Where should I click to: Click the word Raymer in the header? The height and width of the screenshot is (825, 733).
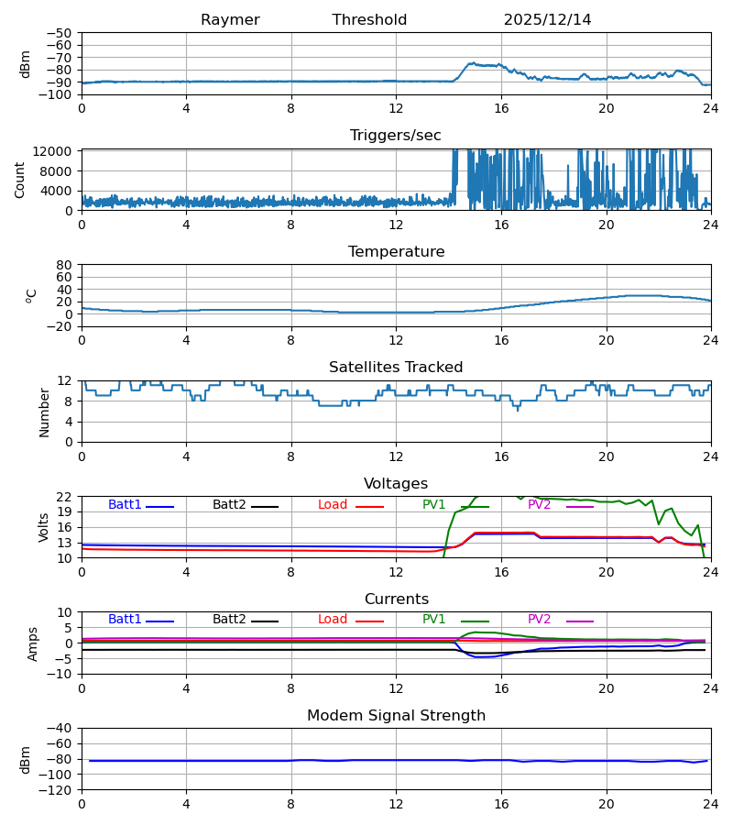click(x=230, y=20)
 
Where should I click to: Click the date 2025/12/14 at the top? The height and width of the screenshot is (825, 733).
click(x=547, y=20)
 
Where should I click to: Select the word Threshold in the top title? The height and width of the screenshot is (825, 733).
click(x=369, y=20)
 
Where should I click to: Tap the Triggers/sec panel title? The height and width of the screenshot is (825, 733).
click(x=396, y=136)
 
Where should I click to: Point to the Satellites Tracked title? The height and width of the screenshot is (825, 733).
click(x=396, y=368)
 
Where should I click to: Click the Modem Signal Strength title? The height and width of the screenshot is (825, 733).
click(x=396, y=716)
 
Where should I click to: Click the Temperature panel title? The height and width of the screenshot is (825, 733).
click(x=396, y=252)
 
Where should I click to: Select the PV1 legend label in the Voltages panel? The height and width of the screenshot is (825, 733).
click(x=434, y=505)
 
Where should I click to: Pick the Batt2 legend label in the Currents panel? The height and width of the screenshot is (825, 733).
click(x=229, y=620)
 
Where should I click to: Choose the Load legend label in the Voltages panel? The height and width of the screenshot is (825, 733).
click(x=333, y=505)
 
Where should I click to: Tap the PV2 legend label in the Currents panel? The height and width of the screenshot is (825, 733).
click(x=539, y=620)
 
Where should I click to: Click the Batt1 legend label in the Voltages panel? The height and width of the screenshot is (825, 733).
click(x=125, y=505)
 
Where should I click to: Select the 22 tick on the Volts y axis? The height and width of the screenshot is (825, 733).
click(x=67, y=497)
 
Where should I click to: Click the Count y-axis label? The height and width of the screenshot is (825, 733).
click(x=20, y=180)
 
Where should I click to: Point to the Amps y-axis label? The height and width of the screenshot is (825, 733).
click(x=33, y=643)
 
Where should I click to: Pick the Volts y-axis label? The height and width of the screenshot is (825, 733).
click(x=44, y=527)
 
